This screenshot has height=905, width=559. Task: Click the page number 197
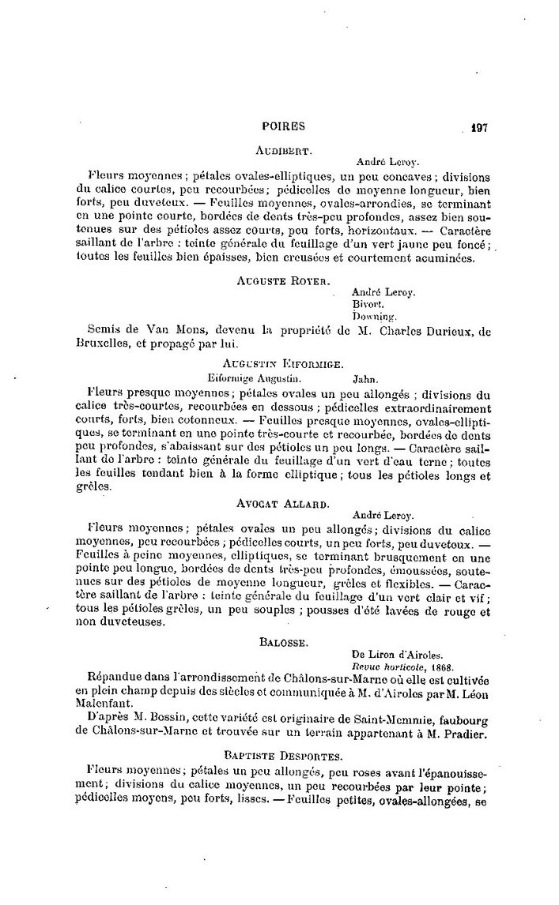pos(479,126)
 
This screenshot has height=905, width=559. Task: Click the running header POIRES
pos(283,126)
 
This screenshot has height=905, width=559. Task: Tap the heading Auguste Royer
pos(283,280)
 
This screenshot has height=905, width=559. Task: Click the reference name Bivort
pos(368,303)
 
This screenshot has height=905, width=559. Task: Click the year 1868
pos(432,667)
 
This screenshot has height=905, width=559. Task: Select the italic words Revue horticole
pos(385,667)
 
